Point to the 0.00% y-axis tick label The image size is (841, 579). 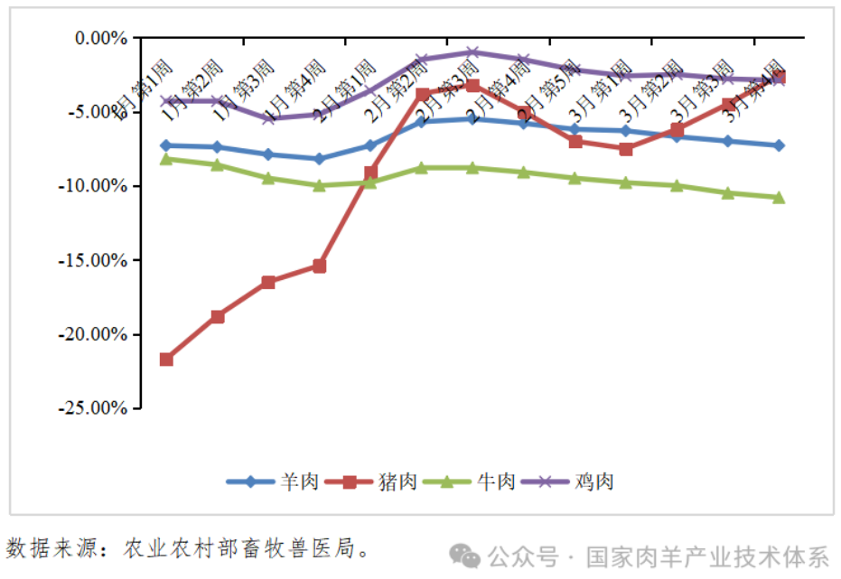pyautogui.click(x=99, y=38)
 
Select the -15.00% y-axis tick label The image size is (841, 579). pyautogui.click(x=95, y=260)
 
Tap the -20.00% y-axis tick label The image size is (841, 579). pyautogui.click(x=95, y=334)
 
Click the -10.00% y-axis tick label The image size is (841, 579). pyautogui.click(x=95, y=186)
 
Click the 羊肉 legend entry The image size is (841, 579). pyautogui.click(x=272, y=481)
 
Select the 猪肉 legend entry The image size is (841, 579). pyautogui.click(x=370, y=481)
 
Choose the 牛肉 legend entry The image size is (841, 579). pyautogui.click(x=469, y=481)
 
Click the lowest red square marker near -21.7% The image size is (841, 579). pyautogui.click(x=166, y=360)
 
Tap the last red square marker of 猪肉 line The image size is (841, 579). pyautogui.click(x=779, y=78)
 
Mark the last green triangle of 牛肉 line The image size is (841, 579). pyautogui.click(x=779, y=197)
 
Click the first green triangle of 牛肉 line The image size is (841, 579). pyautogui.click(x=166, y=159)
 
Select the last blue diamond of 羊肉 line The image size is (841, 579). pyautogui.click(x=779, y=145)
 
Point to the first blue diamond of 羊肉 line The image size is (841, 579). pyautogui.click(x=166, y=145)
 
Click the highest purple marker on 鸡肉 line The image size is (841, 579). pyautogui.click(x=472, y=52)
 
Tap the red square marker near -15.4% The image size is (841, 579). pyautogui.click(x=319, y=266)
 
